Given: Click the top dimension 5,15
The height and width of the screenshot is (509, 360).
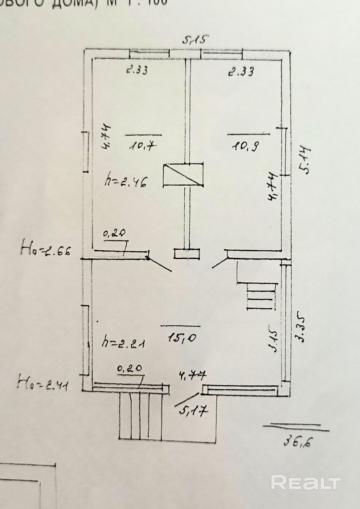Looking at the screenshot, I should tap(195, 40).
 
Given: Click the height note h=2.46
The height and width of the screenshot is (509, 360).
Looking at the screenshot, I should tap(126, 181).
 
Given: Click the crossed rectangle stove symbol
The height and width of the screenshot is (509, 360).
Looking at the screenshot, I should tap(183, 175).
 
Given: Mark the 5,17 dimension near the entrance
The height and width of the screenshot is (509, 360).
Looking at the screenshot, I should tap(194, 410).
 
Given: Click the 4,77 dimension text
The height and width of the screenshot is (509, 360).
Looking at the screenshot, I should tap(193, 375).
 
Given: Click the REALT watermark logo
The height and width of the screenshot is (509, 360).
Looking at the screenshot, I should tap(306, 483).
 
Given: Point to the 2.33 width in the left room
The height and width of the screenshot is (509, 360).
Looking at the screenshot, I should tap(137, 70).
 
